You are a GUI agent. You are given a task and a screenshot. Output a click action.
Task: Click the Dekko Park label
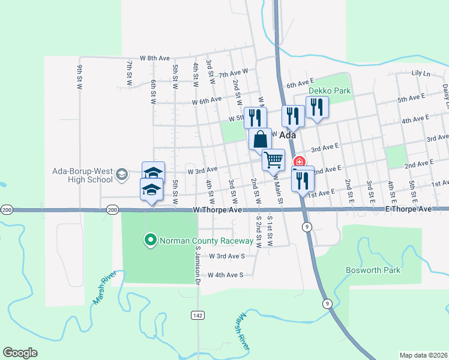[329, 91]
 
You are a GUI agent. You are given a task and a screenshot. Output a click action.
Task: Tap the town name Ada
[288, 135]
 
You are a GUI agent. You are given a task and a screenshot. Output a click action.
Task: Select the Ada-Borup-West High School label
[83, 174]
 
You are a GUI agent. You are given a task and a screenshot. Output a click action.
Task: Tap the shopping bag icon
[261, 140]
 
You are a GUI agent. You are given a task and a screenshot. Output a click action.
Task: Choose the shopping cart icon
[273, 160]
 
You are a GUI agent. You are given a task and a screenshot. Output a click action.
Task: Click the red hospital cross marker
[299, 162]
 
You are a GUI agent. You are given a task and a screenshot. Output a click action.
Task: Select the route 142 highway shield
[197, 315]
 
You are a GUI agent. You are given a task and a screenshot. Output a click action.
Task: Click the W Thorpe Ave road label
[217, 210]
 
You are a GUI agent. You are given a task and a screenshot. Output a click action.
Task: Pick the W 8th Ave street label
[155, 58]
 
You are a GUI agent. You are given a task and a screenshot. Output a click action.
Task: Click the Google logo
[20, 353]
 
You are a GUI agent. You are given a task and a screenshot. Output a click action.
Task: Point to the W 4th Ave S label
[225, 275]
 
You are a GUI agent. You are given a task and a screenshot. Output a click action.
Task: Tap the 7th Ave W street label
[233, 74]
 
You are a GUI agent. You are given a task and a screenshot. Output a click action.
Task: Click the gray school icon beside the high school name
[122, 174]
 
